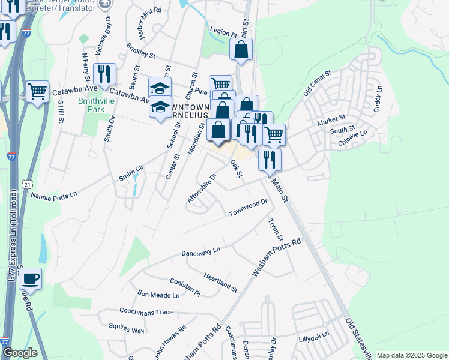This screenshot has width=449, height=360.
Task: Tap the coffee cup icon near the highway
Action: tap(30, 279)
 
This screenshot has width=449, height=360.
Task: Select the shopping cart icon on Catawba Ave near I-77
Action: tap(37, 92)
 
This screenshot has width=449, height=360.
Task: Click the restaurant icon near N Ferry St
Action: tap(104, 74)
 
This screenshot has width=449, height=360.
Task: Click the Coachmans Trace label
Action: tap(146, 312)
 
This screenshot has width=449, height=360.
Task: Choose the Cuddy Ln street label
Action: tap(378, 99)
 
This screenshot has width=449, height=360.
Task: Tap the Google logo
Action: tap(20, 353)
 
